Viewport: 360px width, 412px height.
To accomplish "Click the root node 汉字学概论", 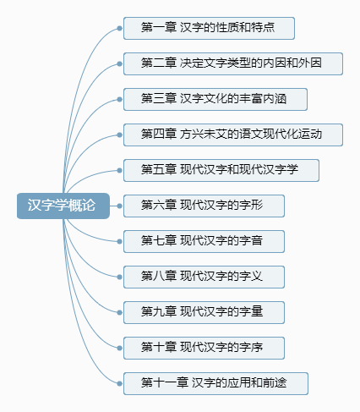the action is point(63,206).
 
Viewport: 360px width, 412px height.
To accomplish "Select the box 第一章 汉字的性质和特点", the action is point(209,28).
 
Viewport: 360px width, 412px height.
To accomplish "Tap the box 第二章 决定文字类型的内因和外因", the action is point(233,63).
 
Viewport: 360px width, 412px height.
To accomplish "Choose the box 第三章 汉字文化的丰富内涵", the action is point(215,99).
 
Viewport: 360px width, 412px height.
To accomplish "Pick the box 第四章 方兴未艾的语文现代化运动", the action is point(233,135).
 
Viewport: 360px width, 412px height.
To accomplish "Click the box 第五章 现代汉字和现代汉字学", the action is point(221,170).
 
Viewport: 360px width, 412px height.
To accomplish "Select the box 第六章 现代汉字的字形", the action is point(204,206).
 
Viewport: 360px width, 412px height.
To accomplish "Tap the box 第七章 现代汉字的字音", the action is point(204,241).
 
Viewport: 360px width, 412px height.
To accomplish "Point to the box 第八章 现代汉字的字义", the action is point(204,277).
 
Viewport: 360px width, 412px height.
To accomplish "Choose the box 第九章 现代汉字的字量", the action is point(204,312).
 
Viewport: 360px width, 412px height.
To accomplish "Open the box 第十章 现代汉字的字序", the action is point(204,348).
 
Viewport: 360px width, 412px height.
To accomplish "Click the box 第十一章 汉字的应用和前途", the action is point(215,383).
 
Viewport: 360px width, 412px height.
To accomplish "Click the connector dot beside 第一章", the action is point(119,28).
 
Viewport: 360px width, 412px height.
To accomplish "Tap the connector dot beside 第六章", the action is point(119,206).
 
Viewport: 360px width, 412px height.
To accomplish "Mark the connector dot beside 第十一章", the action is point(119,383).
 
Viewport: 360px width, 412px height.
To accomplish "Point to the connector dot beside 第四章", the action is point(119,135).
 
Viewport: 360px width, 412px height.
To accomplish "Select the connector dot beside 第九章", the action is point(119,312).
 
